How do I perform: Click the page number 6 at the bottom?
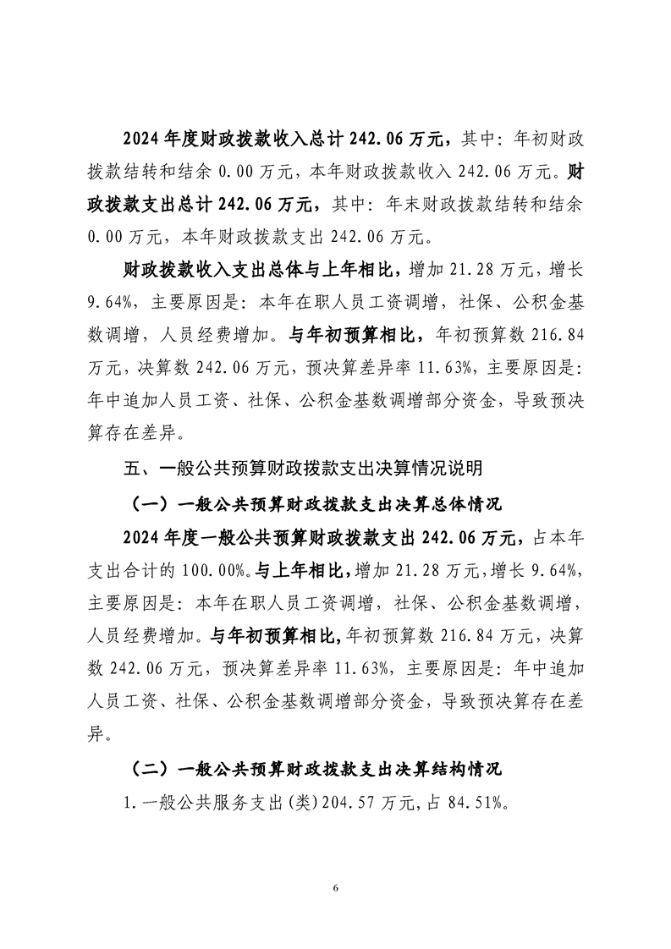coord(336,888)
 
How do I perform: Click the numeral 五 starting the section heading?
coord(131,466)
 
